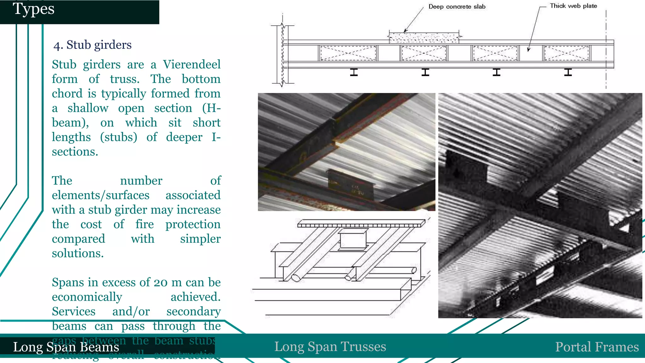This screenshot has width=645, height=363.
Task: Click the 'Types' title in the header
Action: click(33, 9)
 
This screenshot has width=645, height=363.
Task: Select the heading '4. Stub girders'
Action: click(92, 45)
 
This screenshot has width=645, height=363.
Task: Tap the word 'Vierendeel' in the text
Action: click(191, 64)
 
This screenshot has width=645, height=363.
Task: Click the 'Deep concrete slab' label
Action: click(457, 7)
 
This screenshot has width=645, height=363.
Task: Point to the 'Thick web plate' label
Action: click(573, 6)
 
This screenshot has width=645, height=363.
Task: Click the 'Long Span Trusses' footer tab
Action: click(330, 346)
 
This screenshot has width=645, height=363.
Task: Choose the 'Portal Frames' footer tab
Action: click(597, 347)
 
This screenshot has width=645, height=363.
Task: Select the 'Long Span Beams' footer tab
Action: click(66, 347)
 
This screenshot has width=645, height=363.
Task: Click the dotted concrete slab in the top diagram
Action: click(424, 37)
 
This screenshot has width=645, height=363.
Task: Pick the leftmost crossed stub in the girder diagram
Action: click(348, 53)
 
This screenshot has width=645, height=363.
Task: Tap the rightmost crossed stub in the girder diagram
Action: click(566, 53)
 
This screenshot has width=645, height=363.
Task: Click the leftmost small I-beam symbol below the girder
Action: click(354, 72)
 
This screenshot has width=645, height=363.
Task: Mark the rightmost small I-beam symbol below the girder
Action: click(568, 72)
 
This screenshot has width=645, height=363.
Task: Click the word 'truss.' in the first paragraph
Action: click(125, 79)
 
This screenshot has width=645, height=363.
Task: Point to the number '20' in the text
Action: click(161, 282)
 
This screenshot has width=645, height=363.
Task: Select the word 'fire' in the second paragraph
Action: click(145, 224)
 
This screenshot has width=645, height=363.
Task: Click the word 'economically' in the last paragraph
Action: click(87, 297)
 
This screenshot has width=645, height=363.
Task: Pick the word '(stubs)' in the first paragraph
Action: click(119, 137)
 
